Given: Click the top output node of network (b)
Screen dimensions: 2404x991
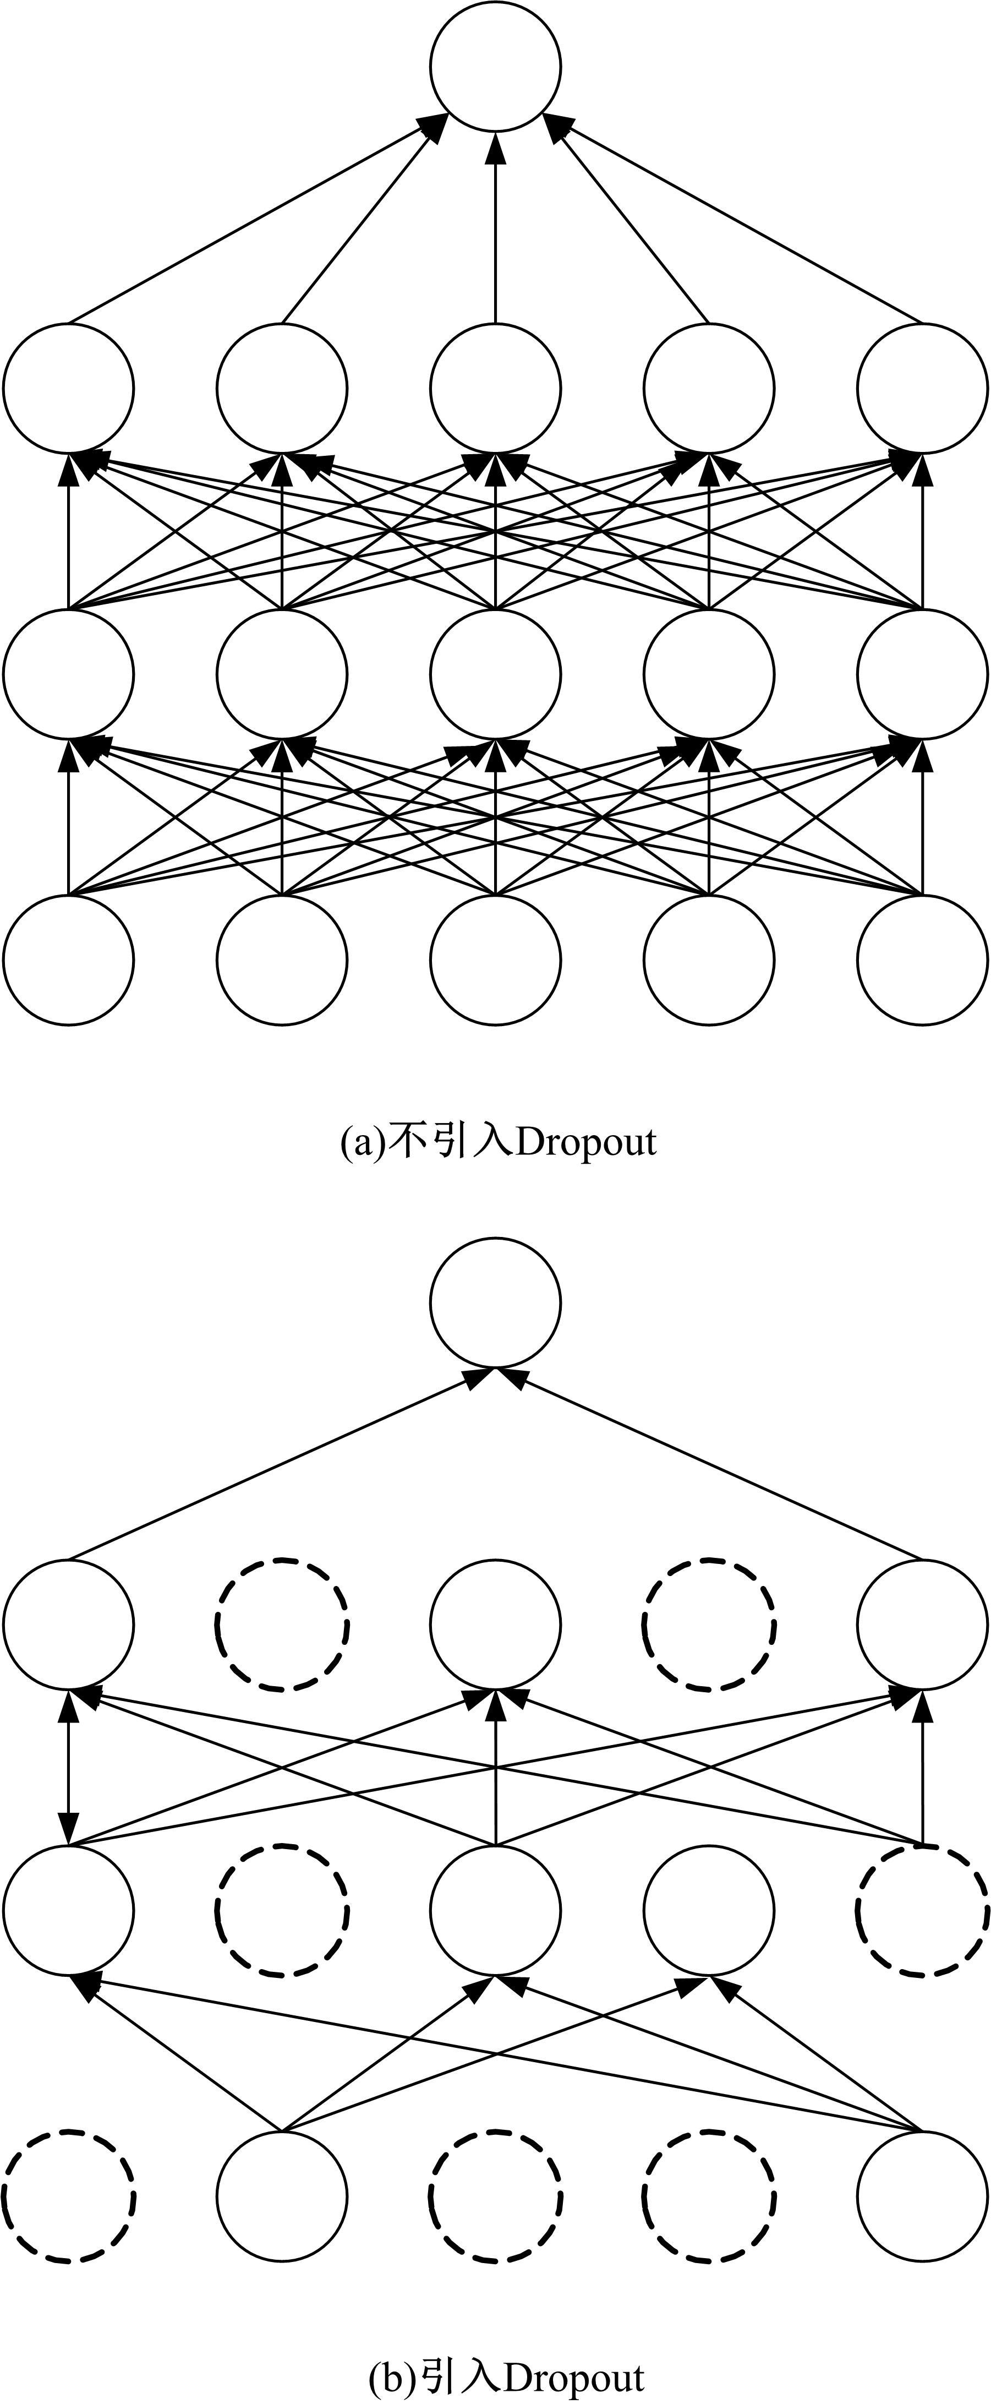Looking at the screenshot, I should point(495,1302).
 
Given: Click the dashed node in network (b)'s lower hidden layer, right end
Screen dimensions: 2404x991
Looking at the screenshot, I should point(922,1910).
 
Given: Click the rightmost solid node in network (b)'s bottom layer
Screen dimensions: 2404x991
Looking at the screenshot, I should point(922,2195).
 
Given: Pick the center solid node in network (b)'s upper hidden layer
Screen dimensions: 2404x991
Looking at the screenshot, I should point(495,1624).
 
